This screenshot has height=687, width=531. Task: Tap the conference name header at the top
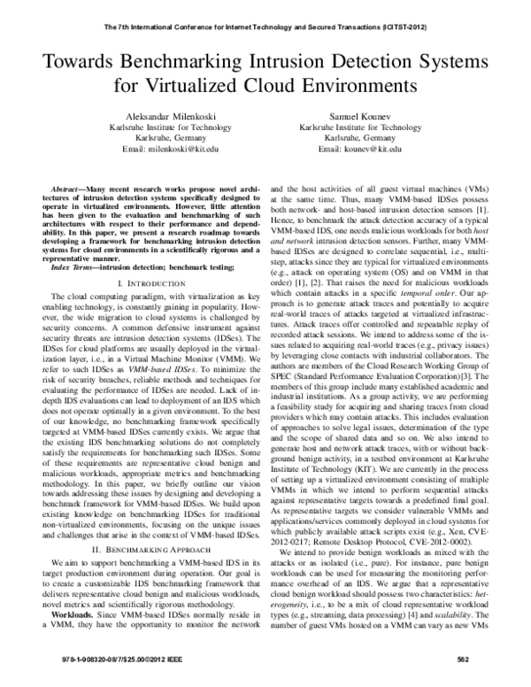[265, 28]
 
